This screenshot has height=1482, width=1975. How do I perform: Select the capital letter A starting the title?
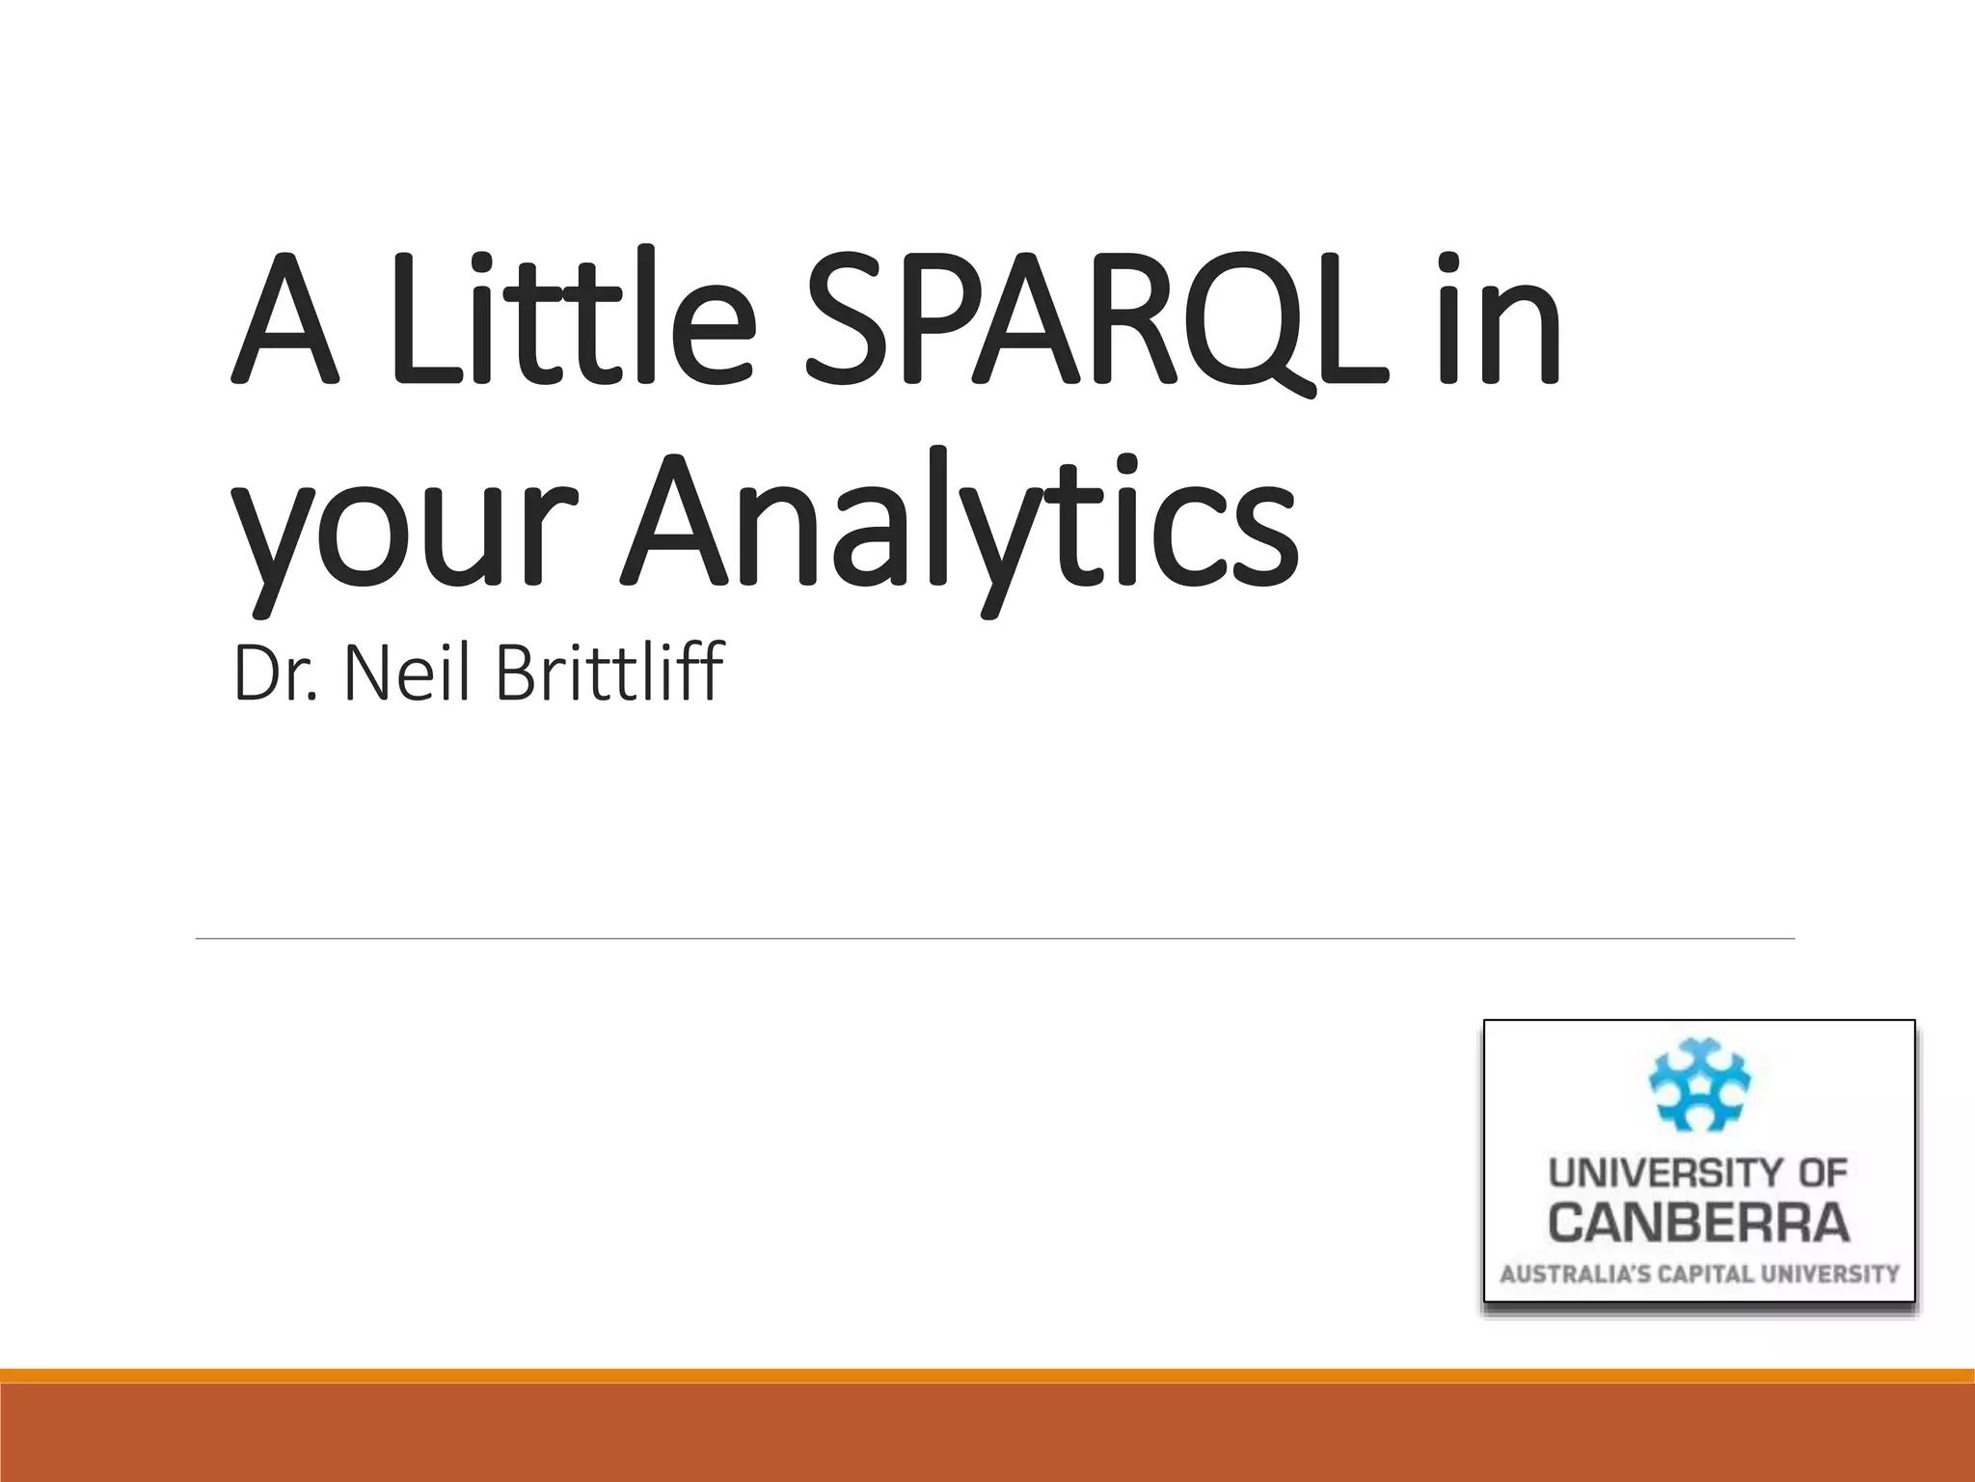(x=286, y=318)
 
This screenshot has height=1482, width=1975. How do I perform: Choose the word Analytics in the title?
(x=960, y=521)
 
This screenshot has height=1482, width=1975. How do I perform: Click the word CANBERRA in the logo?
(x=1699, y=1222)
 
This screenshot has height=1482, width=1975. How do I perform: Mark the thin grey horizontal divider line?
(x=993, y=938)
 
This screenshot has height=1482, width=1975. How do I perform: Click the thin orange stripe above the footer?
(x=987, y=1376)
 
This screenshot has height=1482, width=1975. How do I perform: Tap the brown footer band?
(x=987, y=1434)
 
